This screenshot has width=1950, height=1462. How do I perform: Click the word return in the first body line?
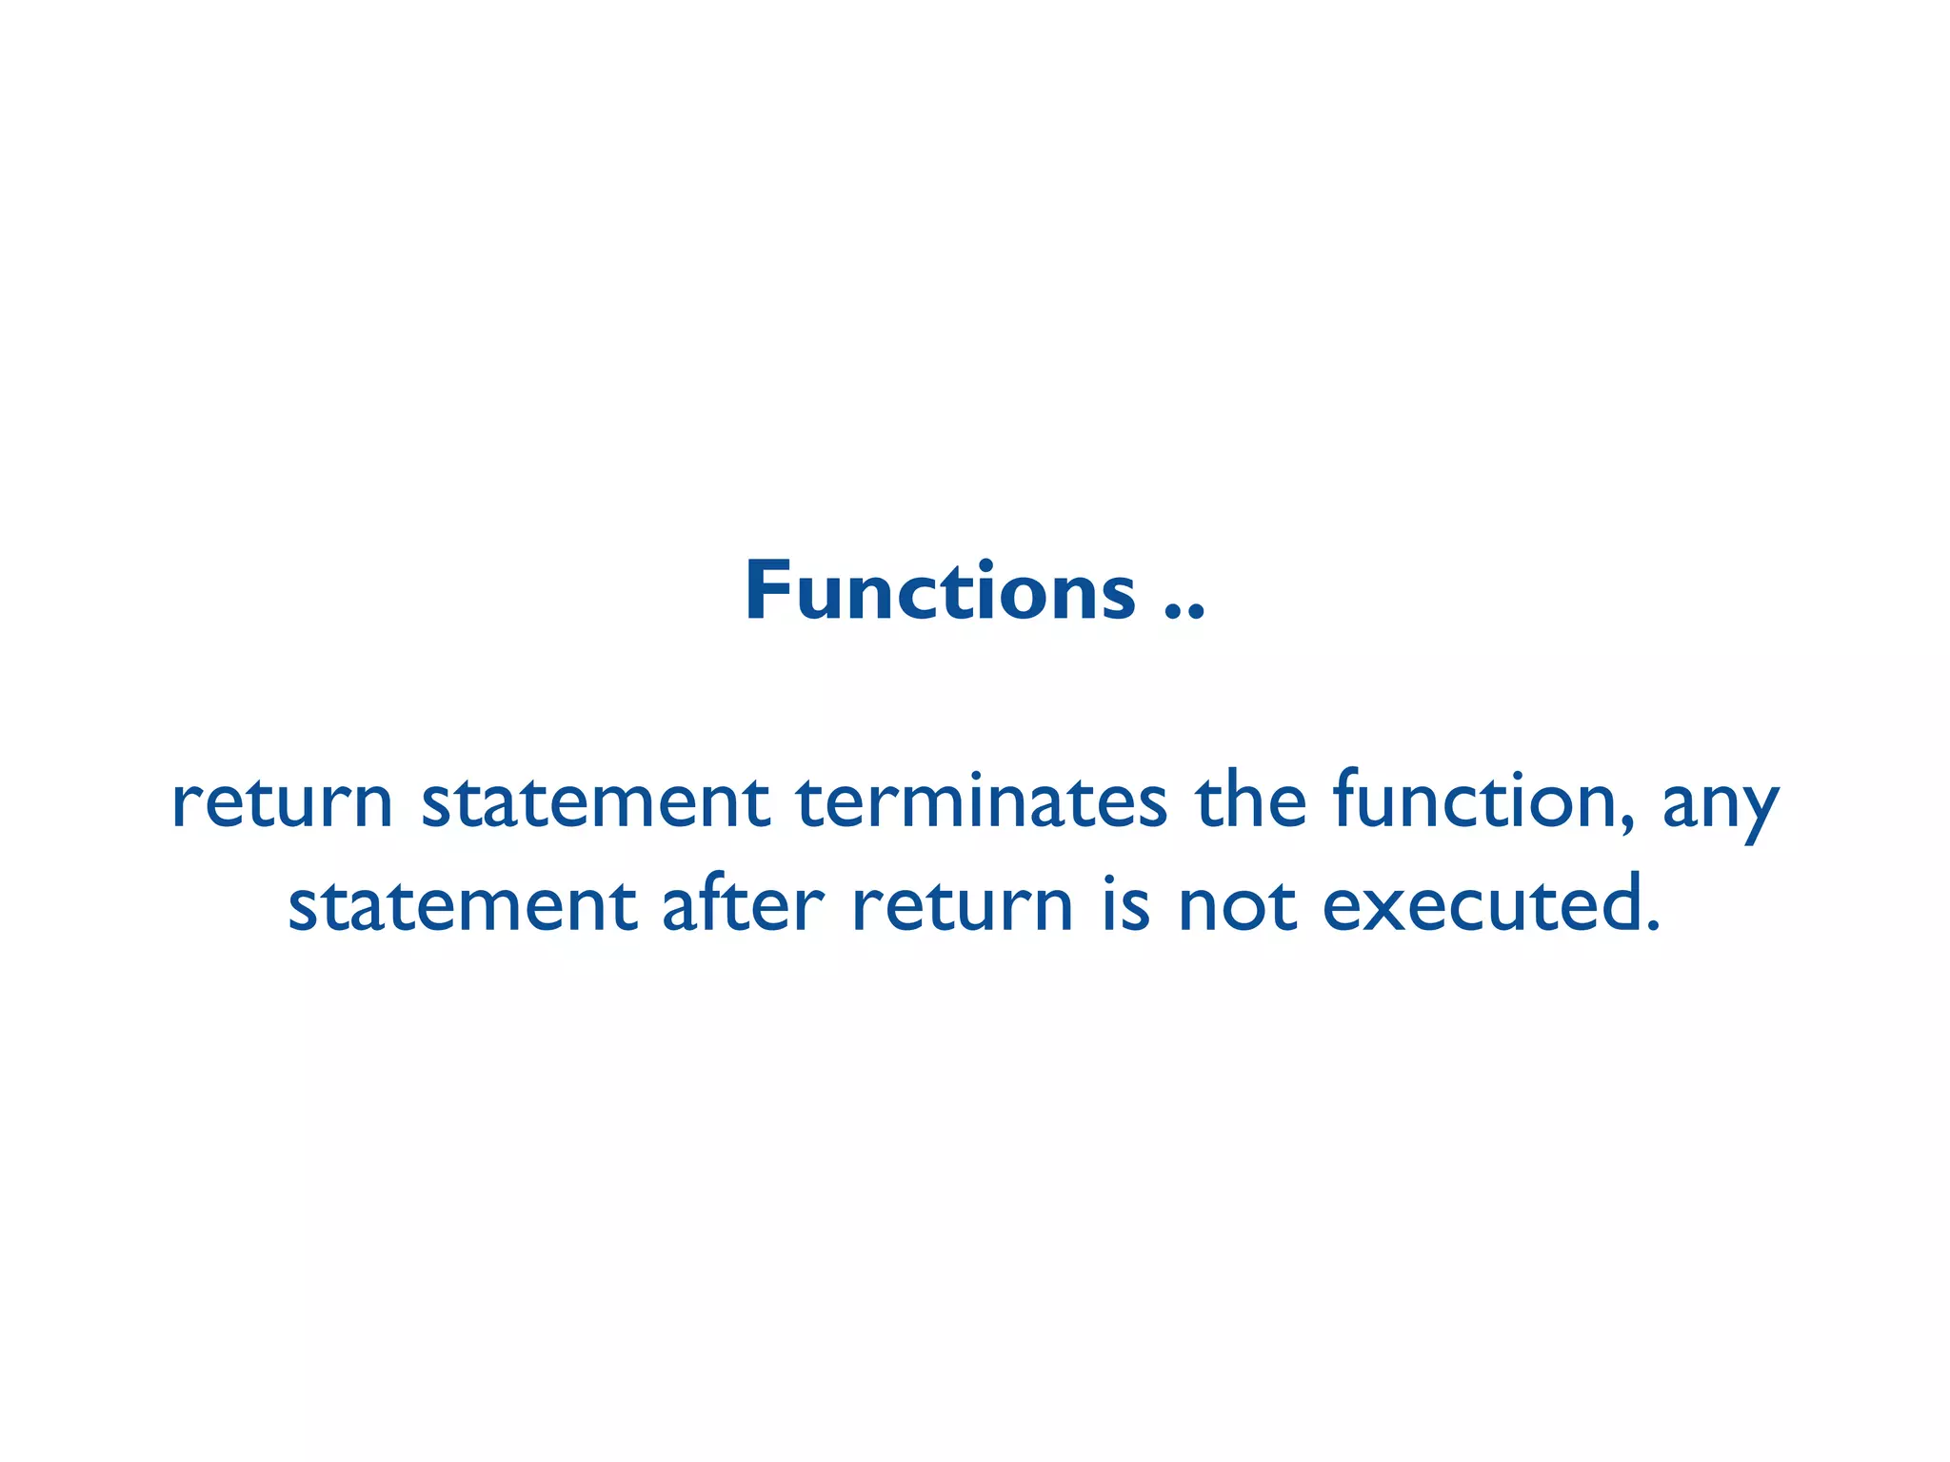[282, 802]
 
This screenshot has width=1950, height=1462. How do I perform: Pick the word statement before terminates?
[595, 802]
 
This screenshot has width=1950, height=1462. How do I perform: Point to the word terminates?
[981, 802]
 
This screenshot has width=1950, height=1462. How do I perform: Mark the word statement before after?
[462, 905]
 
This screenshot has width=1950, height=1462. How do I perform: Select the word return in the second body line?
[963, 905]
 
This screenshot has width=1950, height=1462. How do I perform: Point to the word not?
[1237, 905]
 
